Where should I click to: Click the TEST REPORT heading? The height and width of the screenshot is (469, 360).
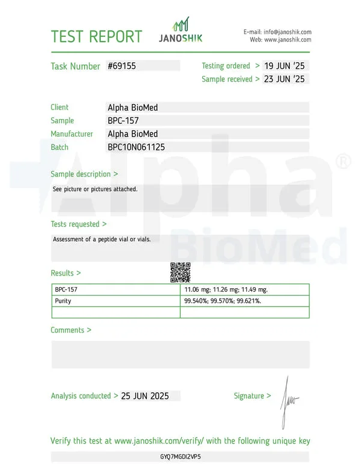tap(97, 36)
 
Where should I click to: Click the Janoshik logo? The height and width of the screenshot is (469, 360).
tap(181, 31)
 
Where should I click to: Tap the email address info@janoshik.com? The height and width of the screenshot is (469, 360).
tap(286, 31)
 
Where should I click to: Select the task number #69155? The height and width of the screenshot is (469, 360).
tap(121, 66)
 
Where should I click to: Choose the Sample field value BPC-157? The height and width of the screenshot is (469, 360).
tap(123, 120)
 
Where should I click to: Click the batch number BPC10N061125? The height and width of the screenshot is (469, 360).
tap(136, 147)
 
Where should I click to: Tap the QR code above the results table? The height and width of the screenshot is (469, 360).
tap(180, 273)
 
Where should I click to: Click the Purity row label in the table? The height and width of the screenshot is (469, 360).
tap(63, 301)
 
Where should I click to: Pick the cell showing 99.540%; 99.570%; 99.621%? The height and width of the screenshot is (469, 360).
tap(222, 301)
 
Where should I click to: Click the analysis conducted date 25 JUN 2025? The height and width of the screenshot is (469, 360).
tap(145, 396)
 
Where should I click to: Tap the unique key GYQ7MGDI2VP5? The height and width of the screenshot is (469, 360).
tap(180, 457)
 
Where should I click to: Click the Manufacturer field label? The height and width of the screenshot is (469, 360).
tap(72, 134)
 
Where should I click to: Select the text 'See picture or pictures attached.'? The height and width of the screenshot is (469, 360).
tap(95, 189)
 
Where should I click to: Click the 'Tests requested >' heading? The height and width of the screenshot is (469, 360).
tap(79, 224)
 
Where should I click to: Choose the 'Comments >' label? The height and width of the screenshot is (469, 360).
tap(71, 330)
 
